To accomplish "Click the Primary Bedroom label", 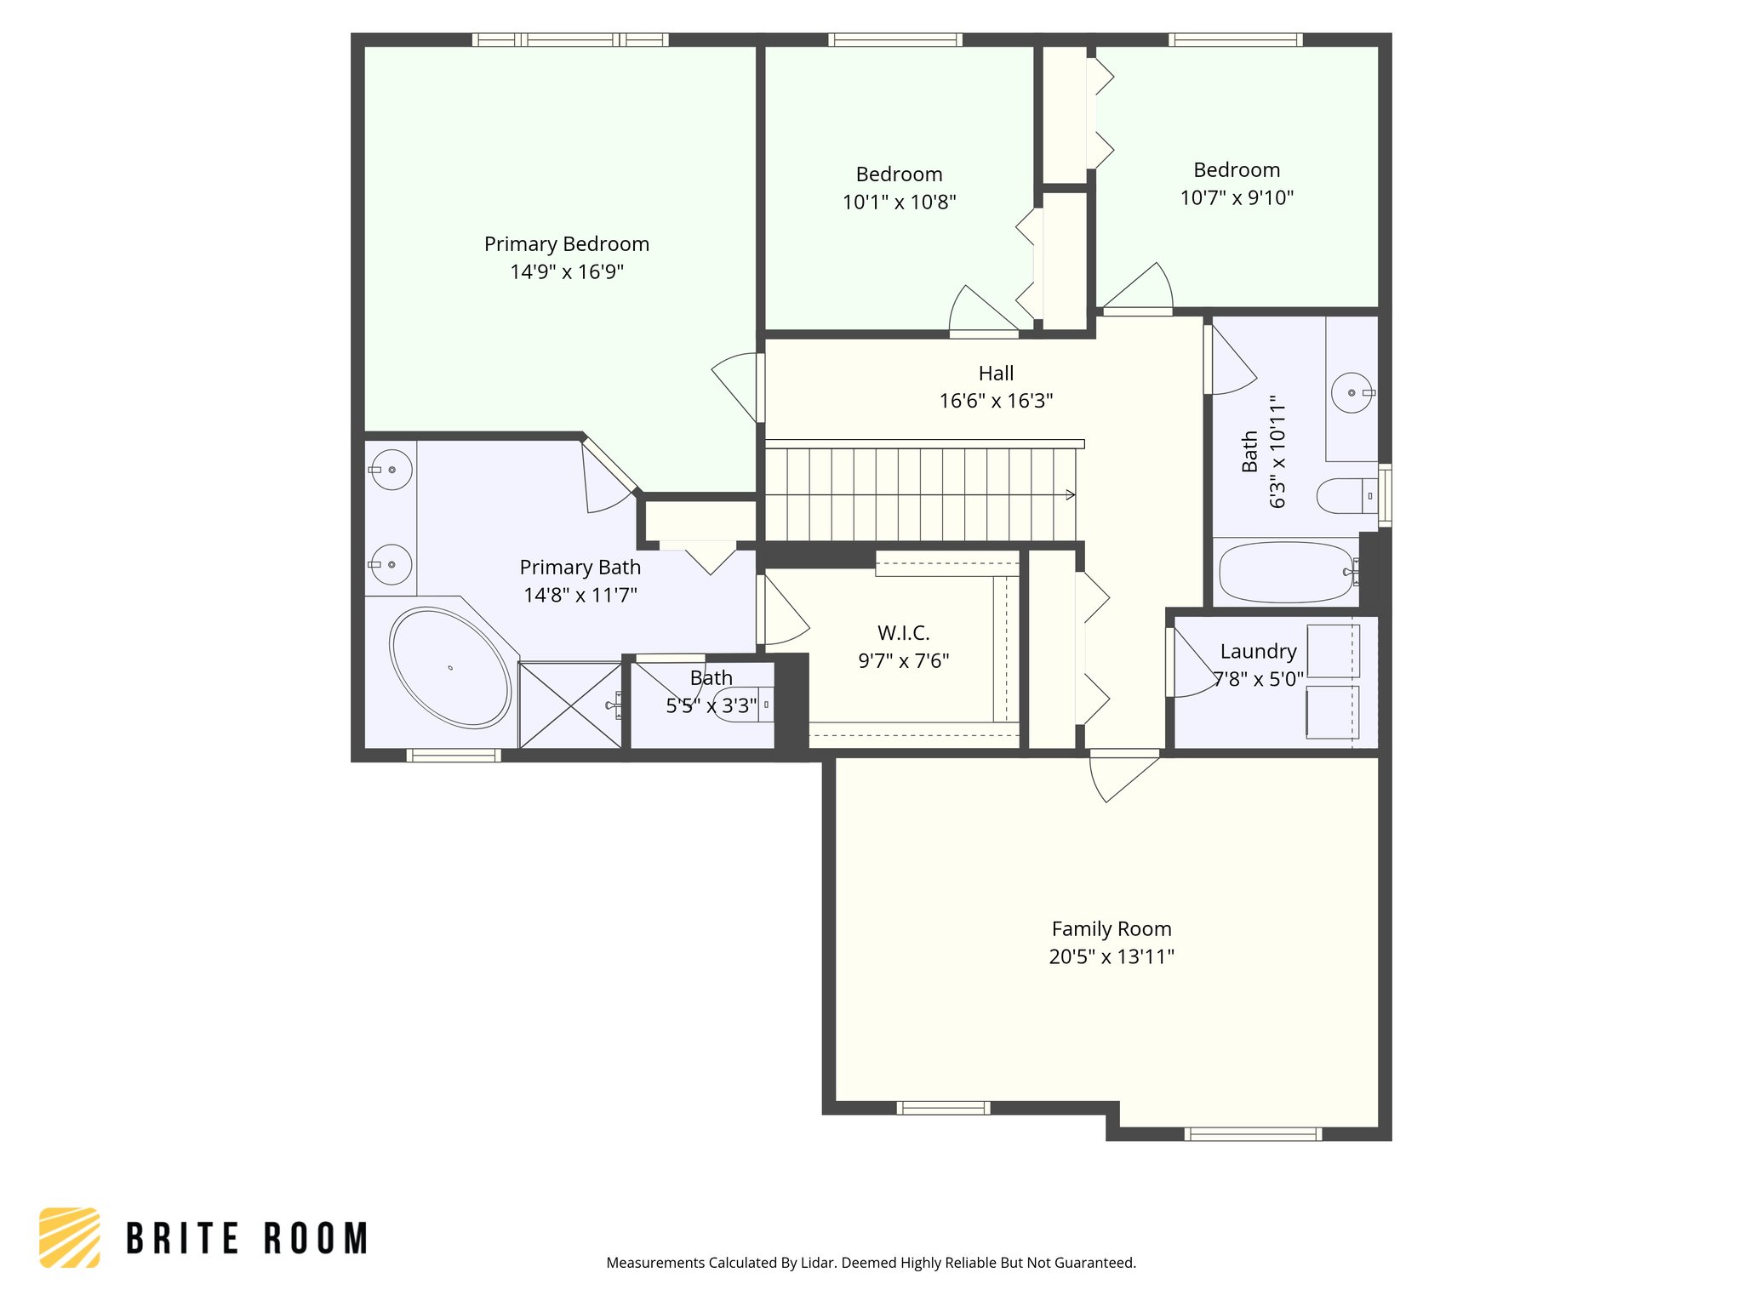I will click(566, 244).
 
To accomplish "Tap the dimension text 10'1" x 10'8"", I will click(899, 203).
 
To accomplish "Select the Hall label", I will click(996, 374).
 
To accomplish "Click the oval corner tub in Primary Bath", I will click(450, 667).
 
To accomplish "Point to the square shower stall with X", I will click(570, 705).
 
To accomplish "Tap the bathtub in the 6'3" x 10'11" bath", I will click(1285, 573).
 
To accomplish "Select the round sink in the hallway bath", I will click(1351, 393).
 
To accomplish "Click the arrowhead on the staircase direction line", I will click(1071, 494).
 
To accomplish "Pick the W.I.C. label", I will click(903, 633).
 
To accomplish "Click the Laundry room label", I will click(1258, 652).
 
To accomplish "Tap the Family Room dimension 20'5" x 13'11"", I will click(1111, 956).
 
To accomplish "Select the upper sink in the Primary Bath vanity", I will click(391, 470).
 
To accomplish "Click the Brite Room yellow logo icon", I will click(70, 1237).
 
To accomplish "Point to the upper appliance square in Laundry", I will click(1333, 651).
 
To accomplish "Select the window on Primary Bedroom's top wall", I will click(570, 39).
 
